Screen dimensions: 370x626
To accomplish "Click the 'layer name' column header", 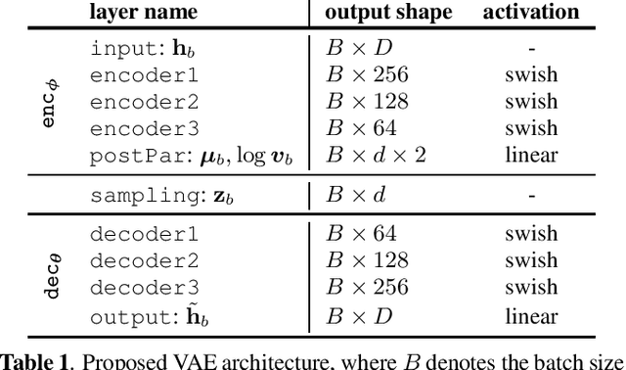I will pyautogui.click(x=144, y=13).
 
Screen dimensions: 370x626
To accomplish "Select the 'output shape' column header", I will pyautogui.click(x=388, y=13).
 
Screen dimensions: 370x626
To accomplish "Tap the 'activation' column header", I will pyautogui.click(x=531, y=13).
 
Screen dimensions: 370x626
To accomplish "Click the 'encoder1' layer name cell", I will pyautogui.click(x=145, y=75).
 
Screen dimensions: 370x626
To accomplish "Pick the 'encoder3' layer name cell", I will pyautogui.click(x=145, y=128).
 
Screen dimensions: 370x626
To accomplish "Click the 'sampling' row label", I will pyautogui.click(x=161, y=196).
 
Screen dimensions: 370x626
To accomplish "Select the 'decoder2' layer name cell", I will pyautogui.click(x=145, y=261).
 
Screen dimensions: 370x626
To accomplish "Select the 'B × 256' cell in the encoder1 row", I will pyautogui.click(x=367, y=75).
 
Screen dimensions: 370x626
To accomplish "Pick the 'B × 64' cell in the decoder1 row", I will pyautogui.click(x=361, y=235).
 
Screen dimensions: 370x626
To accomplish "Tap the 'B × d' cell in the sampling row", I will pyautogui.click(x=356, y=196).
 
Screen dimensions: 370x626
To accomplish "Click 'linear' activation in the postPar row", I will pyautogui.click(x=531, y=155).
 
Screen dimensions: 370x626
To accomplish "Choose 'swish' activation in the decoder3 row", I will pyautogui.click(x=531, y=288).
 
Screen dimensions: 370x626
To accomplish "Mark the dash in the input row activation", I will pyautogui.click(x=531, y=48).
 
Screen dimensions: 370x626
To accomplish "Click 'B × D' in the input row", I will pyautogui.click(x=357, y=48).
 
